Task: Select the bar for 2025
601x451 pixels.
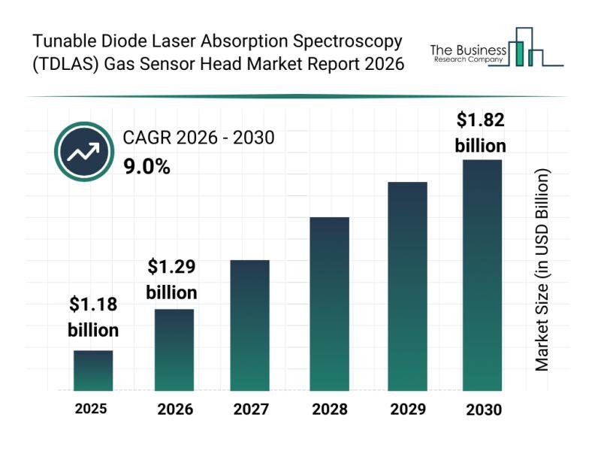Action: point(93,371)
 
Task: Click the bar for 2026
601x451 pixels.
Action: point(174,350)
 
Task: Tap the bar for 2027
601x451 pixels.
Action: point(249,325)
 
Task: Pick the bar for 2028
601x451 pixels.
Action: point(329,304)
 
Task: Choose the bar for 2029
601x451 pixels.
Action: point(406,286)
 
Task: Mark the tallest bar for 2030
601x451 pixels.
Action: point(482,275)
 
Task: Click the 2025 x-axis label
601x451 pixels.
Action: point(91,409)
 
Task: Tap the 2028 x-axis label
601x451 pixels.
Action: point(329,410)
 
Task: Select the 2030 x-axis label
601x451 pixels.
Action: point(482,410)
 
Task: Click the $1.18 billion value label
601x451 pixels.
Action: point(93,316)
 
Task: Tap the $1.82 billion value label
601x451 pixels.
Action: point(481,132)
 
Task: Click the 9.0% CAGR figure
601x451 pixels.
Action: point(146,166)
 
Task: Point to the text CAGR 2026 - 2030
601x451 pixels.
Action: point(198,138)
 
